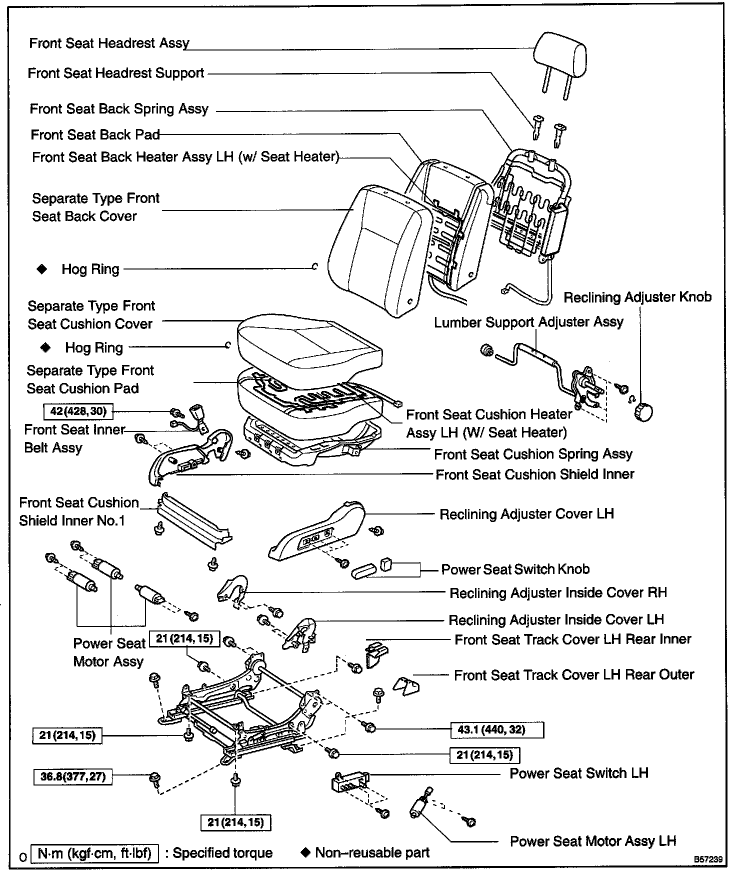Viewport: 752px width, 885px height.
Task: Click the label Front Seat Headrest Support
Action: (x=116, y=73)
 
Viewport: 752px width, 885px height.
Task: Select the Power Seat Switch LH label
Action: (x=578, y=773)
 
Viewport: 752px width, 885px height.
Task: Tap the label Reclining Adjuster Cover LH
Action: (x=526, y=514)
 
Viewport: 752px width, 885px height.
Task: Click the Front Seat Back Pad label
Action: (x=95, y=134)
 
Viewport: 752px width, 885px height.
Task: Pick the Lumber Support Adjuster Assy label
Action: (x=528, y=322)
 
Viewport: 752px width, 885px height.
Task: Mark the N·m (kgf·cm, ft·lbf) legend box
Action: (x=94, y=853)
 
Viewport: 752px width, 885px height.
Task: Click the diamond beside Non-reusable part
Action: (x=305, y=852)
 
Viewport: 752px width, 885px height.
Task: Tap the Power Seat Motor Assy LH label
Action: (x=592, y=841)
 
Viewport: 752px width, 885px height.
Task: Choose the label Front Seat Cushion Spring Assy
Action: (x=533, y=454)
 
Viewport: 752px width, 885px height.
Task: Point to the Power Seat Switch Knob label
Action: (x=515, y=569)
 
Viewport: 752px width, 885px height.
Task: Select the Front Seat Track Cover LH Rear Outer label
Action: (x=574, y=675)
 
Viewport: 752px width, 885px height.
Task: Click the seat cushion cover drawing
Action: (x=310, y=342)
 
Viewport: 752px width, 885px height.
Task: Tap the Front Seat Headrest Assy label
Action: (x=109, y=43)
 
